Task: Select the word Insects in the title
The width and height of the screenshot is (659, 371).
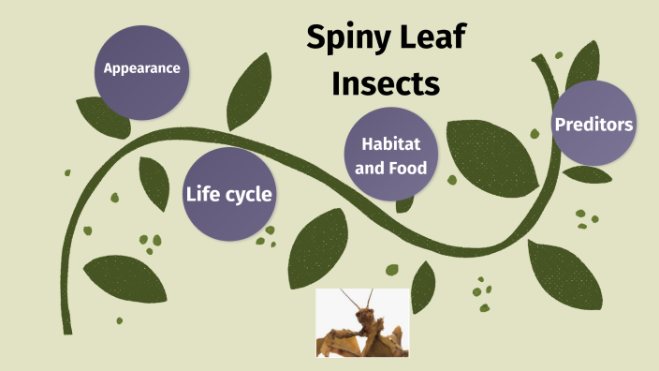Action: coord(386,82)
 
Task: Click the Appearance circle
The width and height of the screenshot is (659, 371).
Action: coord(141,67)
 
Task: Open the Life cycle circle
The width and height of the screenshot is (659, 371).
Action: coord(228,195)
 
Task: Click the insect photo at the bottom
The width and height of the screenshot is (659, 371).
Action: coord(362,322)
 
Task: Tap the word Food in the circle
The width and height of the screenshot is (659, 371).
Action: coord(409,169)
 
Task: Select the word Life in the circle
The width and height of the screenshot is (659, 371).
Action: coord(203,195)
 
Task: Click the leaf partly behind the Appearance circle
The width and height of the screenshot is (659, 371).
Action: coord(101,113)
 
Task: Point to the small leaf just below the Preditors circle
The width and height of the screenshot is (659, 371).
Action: coord(588,174)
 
